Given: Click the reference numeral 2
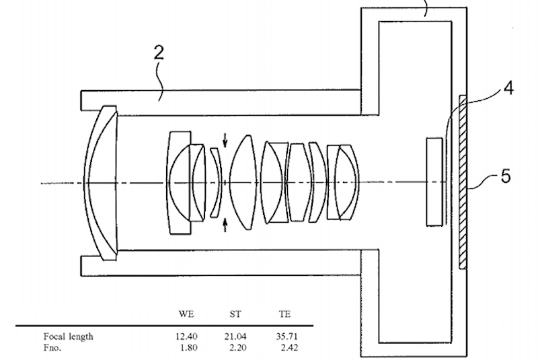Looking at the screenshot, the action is pos(159,53).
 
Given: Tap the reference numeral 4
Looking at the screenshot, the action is pos(508,88).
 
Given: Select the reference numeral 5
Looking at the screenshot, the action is pos(506,176).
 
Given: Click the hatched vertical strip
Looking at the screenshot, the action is pos(463,182).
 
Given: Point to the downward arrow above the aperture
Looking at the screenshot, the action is pos(225,140).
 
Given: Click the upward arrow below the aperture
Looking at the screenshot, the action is pos(225,225).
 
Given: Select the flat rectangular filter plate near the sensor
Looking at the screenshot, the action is pos(434,182).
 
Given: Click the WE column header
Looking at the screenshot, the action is pos(186,314).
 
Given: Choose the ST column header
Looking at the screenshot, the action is pos(235,314).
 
